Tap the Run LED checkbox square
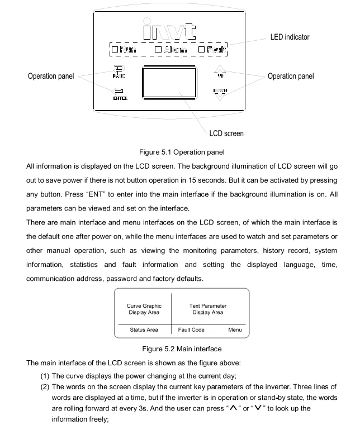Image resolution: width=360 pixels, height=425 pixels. (115, 50)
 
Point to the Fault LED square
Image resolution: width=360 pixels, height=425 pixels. (202, 50)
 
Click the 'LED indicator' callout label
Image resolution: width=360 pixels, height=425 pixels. (290, 37)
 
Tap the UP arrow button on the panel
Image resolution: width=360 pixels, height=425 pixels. (222, 74)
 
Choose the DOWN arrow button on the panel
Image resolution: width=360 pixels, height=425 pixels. (222, 93)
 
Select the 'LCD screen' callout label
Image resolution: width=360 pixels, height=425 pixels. (226, 133)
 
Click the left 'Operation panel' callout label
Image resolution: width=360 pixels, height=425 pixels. (51, 76)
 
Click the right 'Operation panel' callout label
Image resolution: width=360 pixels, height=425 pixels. (291, 76)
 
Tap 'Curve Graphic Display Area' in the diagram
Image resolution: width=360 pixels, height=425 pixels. (144, 309)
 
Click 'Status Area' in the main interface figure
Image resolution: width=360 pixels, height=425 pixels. (144, 330)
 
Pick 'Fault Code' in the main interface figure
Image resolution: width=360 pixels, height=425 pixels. (191, 330)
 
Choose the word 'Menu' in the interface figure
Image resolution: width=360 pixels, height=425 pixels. (235, 330)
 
